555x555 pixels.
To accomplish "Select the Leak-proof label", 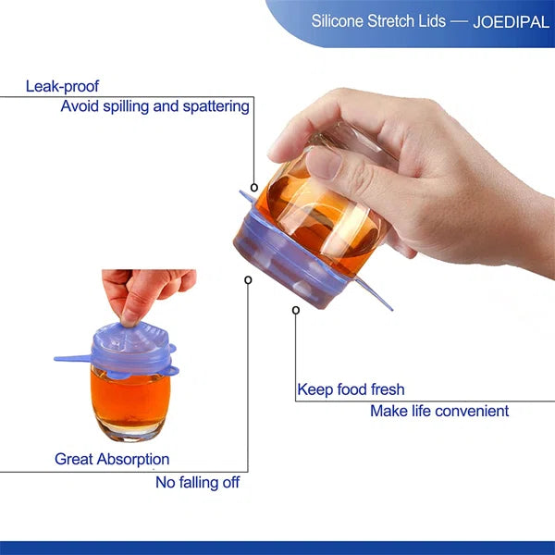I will point(62,86).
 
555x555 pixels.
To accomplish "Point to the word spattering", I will point(215,105).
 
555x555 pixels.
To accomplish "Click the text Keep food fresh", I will point(351,389).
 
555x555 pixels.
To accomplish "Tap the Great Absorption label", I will point(112,459).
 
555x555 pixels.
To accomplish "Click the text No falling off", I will point(197,482).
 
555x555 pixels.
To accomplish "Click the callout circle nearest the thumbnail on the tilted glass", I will point(254,187).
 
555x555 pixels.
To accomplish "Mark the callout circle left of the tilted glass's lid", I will point(248,279).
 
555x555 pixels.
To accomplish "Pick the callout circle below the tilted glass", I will point(296,310).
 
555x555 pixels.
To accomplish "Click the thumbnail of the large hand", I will point(325,165).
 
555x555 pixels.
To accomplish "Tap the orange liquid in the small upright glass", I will point(129,394).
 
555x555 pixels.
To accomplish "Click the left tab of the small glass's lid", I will point(69,357).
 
